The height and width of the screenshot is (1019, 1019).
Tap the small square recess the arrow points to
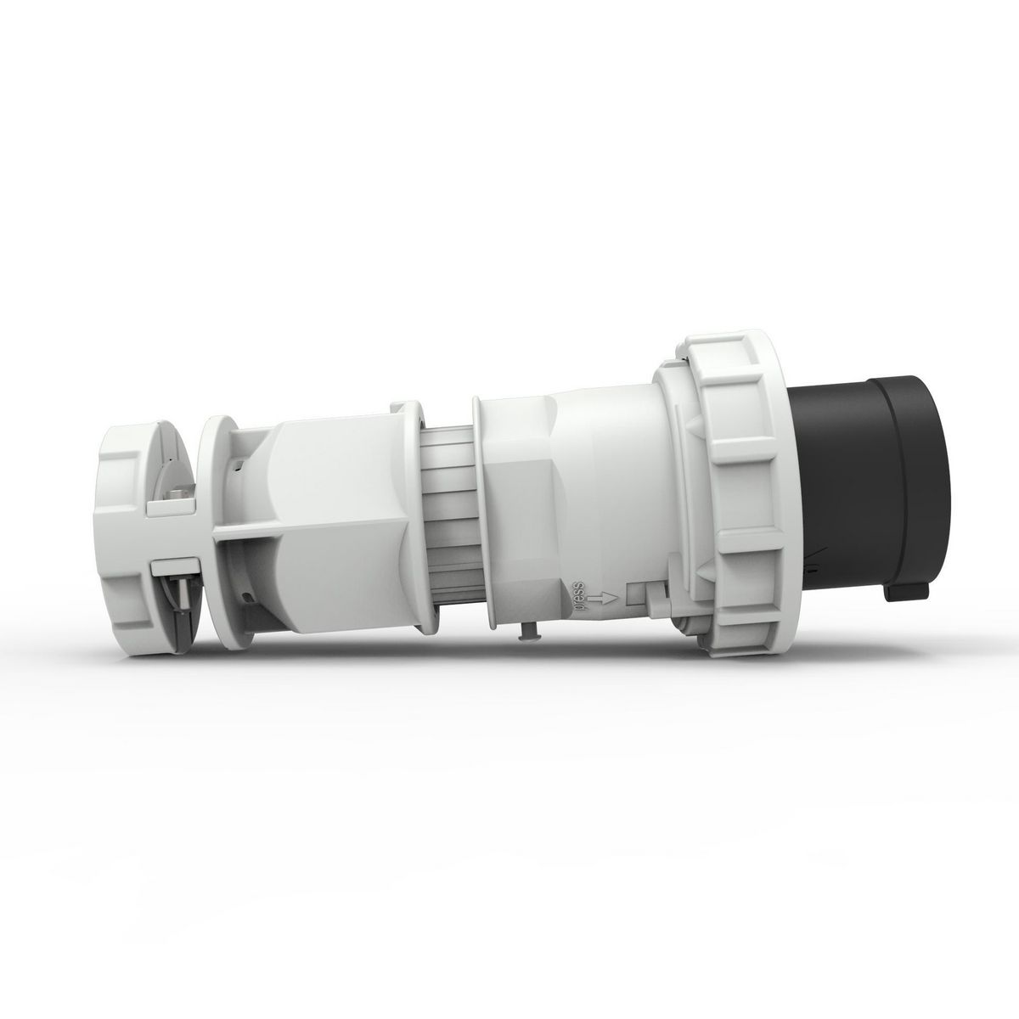[636, 595]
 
